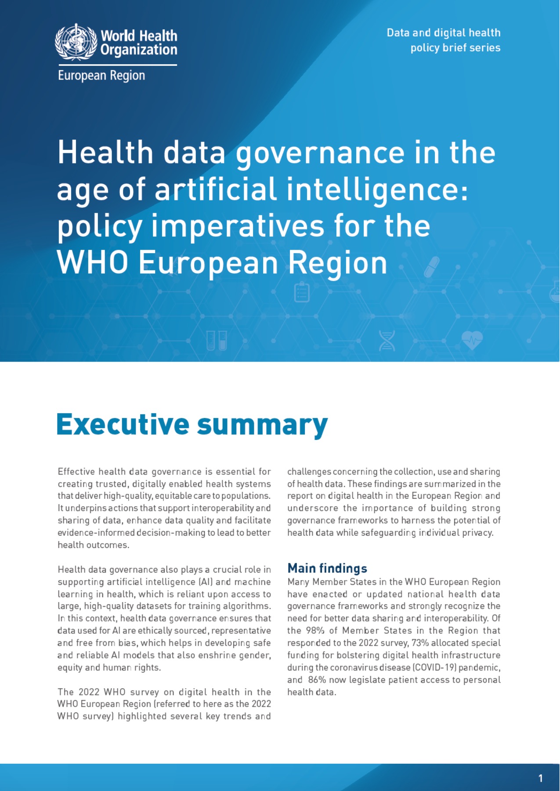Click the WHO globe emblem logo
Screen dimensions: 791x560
click(76, 42)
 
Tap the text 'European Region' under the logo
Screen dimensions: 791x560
click(101, 76)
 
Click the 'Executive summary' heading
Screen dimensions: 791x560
click(192, 425)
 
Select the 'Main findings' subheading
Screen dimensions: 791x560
click(327, 568)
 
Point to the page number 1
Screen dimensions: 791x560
click(540, 778)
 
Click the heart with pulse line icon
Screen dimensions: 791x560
click(472, 340)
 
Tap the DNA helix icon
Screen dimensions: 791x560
click(387, 340)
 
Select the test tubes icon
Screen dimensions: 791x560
click(217, 340)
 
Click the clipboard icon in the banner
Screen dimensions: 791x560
click(302, 293)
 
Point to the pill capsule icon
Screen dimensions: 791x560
click(431, 267)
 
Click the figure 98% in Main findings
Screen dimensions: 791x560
click(315, 631)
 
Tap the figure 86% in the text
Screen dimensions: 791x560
click(317, 680)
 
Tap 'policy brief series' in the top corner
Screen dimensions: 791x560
click(455, 48)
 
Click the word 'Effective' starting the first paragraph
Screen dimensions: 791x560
click(76, 472)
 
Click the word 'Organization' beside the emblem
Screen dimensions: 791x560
click(139, 50)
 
